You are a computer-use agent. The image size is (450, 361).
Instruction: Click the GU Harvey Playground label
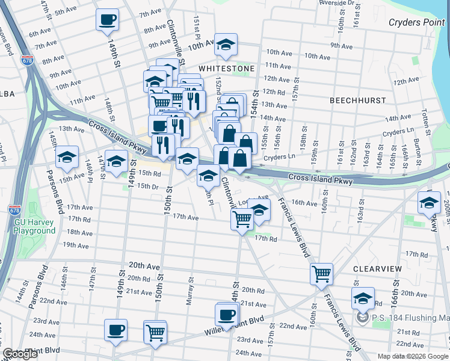coord(35,226)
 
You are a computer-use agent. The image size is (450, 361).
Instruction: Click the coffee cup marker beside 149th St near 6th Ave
coord(107,19)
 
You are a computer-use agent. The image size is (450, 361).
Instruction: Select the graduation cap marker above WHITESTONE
coord(226,44)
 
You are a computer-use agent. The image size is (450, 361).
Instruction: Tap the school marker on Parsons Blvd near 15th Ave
coord(67,157)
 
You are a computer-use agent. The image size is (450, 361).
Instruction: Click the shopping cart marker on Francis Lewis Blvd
coord(321,274)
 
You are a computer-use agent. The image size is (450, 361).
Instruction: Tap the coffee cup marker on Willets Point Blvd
coord(227,314)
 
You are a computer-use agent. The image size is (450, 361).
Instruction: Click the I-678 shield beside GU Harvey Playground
coord(14,211)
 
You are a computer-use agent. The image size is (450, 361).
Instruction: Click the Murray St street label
coord(190,290)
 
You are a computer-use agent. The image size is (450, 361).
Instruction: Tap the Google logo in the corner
coord(20,354)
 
